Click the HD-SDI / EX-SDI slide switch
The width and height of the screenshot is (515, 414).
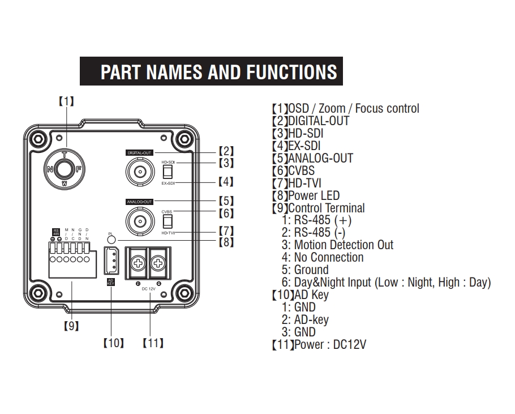point(167,171)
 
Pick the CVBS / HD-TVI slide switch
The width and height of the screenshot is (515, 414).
point(167,220)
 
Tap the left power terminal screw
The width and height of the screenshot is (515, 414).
point(138,263)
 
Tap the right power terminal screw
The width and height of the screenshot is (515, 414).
point(160,263)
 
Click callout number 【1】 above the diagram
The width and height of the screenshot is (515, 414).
point(67,101)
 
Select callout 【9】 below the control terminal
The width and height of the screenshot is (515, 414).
point(71,325)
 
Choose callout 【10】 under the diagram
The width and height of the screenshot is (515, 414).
point(113,343)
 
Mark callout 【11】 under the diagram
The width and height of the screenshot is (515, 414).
point(153,343)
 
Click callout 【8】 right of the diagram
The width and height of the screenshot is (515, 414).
point(226,242)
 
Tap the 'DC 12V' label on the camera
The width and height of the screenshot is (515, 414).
point(149,289)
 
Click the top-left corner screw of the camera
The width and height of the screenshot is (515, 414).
point(37,137)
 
